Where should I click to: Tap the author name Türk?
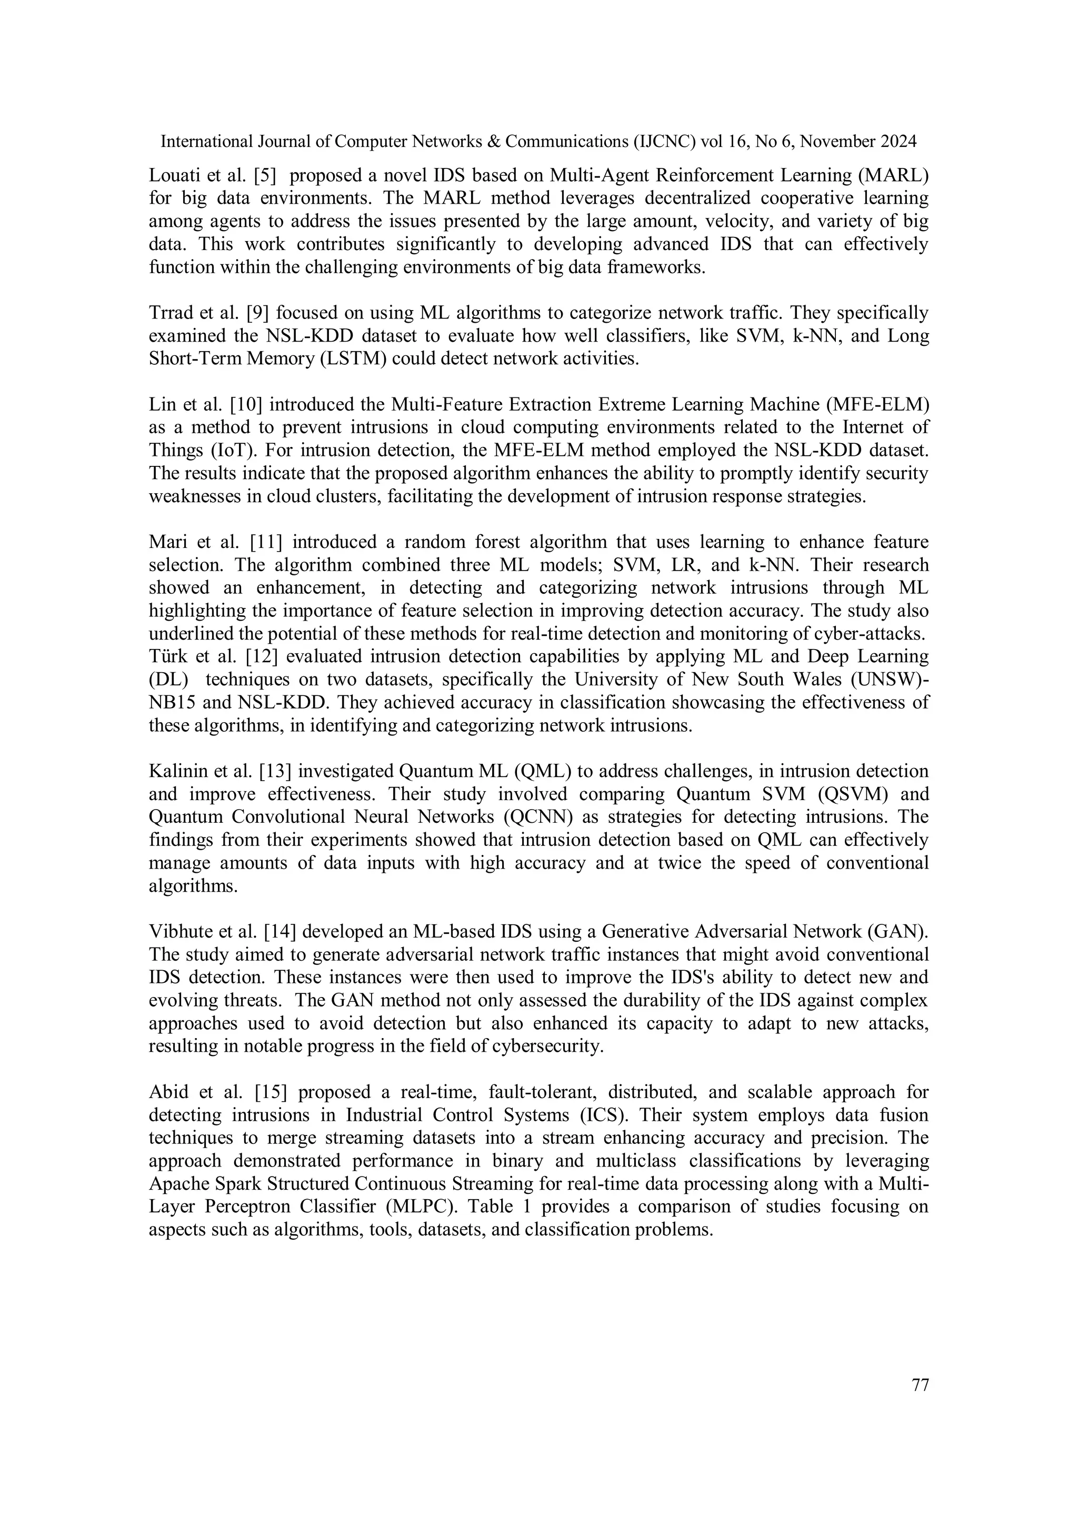click(165, 656)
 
